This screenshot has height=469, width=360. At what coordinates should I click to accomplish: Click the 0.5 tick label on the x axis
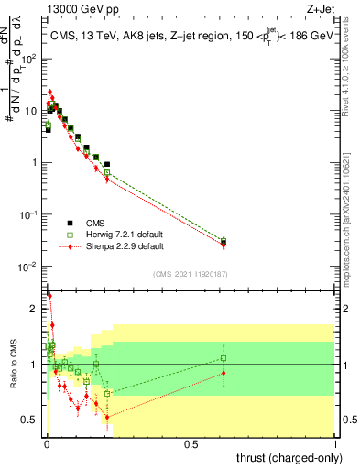[x=191, y=444]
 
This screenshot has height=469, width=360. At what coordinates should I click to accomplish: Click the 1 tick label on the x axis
[x=336, y=444]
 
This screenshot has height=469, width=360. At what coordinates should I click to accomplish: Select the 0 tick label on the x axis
[x=47, y=444]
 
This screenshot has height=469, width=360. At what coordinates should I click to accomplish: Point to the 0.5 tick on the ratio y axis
[x=29, y=420]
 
